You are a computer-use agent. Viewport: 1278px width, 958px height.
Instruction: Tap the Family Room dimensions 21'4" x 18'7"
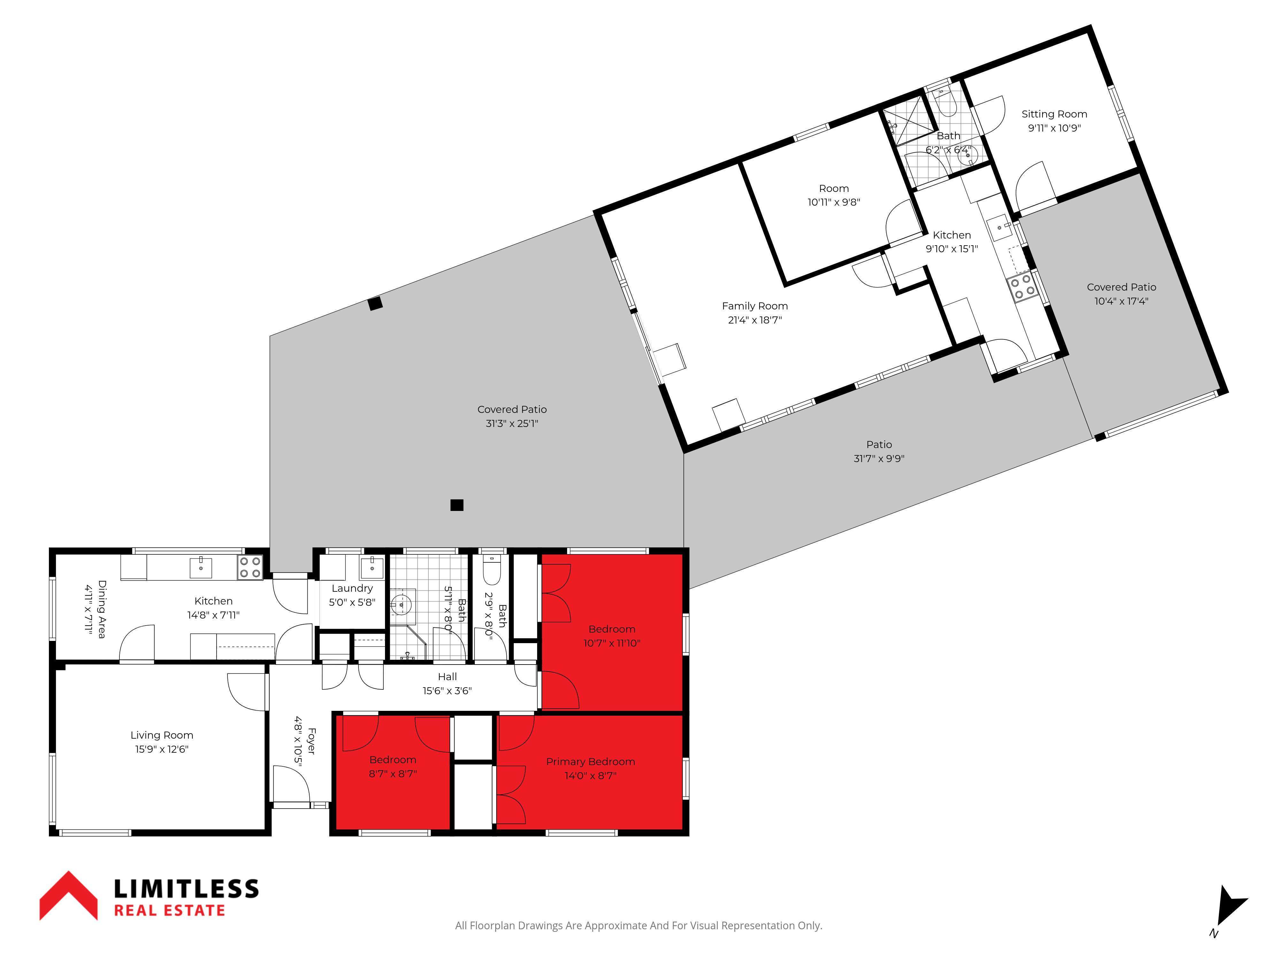coord(755,320)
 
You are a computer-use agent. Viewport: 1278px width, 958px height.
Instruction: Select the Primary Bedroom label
coord(590,762)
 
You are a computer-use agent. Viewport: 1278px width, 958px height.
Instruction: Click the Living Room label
coord(162,735)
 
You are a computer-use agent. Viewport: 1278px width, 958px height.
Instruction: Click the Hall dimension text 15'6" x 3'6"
coord(447,691)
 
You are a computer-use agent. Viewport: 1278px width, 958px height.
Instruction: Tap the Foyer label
coord(312,741)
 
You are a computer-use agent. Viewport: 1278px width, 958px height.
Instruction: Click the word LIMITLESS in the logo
coord(186,889)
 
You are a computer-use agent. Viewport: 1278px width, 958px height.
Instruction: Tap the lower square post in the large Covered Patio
coord(457,505)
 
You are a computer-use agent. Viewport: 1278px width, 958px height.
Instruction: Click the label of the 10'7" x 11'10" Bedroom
coord(612,629)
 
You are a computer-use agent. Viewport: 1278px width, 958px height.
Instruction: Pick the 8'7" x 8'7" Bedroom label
coord(393,760)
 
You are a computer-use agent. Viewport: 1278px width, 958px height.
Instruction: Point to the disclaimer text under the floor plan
coord(638,926)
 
